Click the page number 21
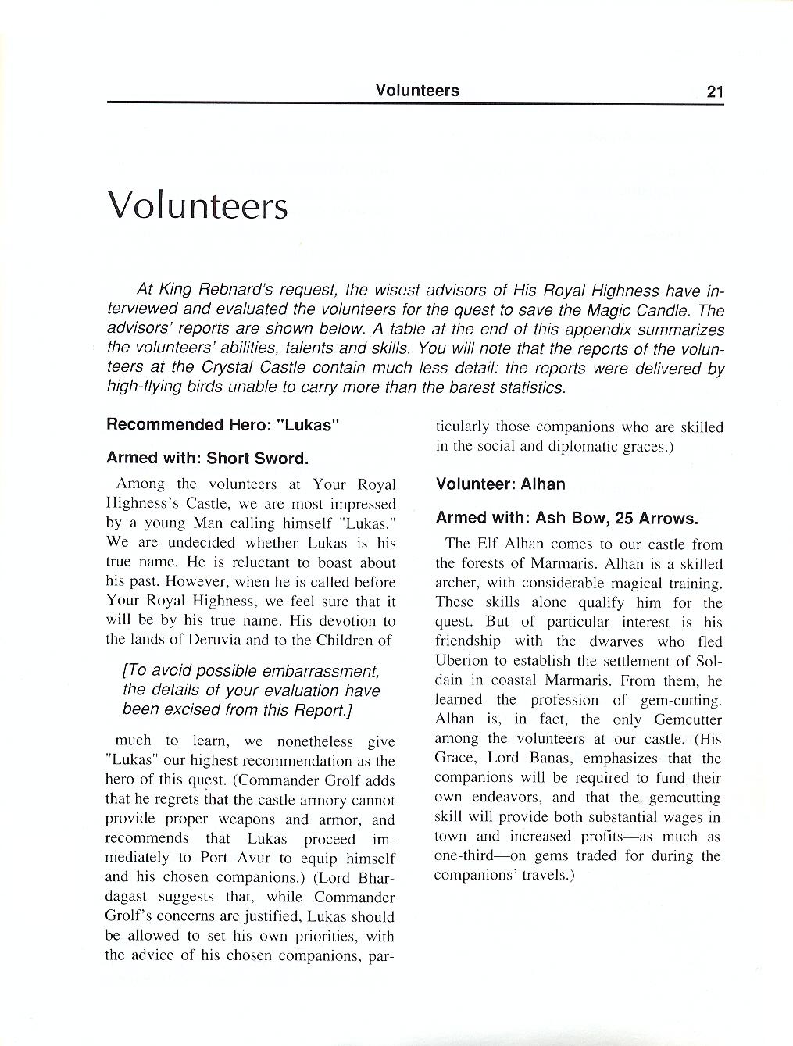coord(715,91)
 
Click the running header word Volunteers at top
coord(417,91)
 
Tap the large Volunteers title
coord(198,205)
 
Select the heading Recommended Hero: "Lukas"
coord(223,425)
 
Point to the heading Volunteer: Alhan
coord(500,484)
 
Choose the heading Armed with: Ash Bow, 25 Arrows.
coord(566,518)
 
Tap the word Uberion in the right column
coord(461,661)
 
